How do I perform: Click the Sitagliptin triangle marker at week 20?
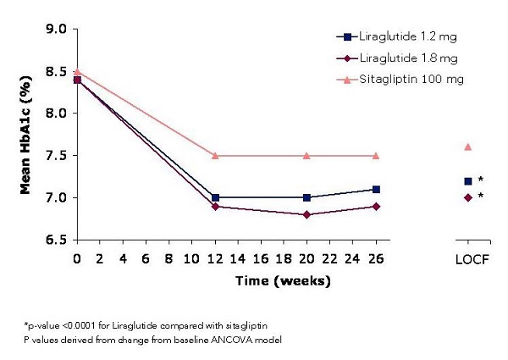[307, 156]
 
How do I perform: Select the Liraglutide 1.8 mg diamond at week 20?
[307, 214]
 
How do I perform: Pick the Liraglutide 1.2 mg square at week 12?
[216, 197]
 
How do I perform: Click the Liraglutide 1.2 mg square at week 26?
[376, 189]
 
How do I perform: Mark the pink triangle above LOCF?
[468, 147]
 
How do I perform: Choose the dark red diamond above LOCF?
[468, 197]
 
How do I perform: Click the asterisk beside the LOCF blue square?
[481, 180]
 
